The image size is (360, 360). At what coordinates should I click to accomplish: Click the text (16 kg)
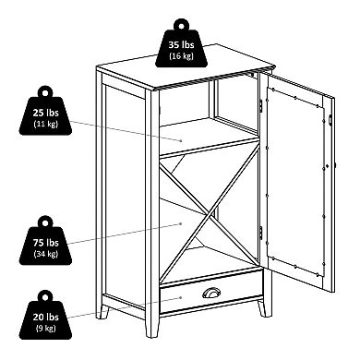[x=181, y=56]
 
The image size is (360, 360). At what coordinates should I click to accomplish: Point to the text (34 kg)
[x=45, y=254]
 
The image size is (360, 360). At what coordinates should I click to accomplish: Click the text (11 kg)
[x=45, y=124]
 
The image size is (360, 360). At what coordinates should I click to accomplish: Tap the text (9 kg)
[x=45, y=328]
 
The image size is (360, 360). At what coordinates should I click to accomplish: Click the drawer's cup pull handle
[x=211, y=293]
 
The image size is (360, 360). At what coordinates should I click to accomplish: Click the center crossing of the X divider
[x=210, y=212]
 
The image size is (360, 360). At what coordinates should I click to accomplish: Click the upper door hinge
[x=261, y=105]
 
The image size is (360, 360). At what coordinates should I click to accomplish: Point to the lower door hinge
[x=261, y=233]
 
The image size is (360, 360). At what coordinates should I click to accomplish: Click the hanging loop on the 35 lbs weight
[x=181, y=25]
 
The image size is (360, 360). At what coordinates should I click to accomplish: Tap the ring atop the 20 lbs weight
[x=45, y=296]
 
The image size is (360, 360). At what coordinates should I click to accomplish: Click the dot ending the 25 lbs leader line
[x=181, y=140]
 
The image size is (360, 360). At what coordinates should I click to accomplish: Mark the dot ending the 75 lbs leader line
[x=181, y=223]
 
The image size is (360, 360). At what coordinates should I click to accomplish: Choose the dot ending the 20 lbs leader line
[x=181, y=297]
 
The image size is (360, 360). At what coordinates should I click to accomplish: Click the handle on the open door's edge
[x=330, y=119]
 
